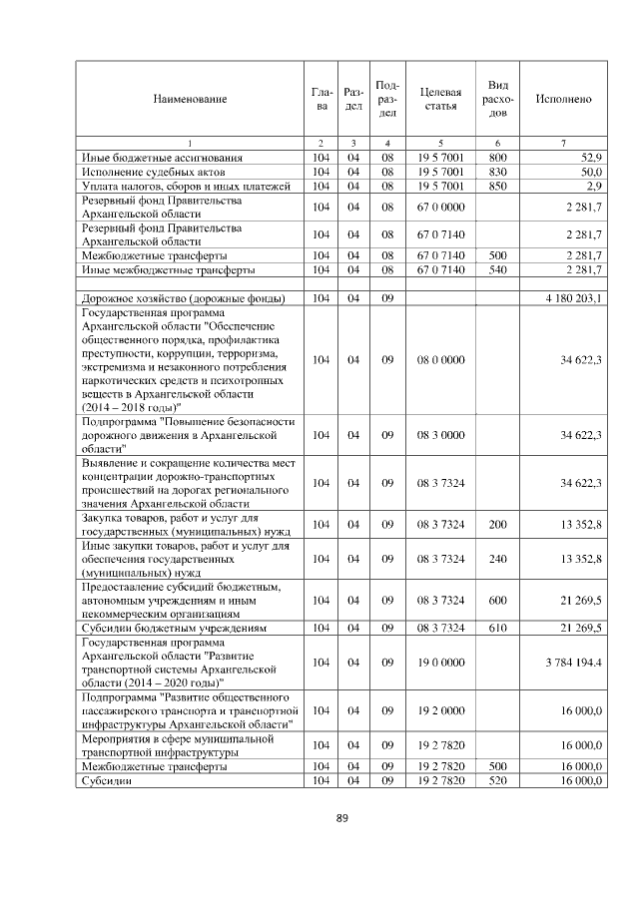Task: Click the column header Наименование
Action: pos(190,99)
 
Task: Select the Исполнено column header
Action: pos(563,99)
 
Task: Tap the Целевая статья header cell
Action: pos(440,99)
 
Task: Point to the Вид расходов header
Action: pos(497,99)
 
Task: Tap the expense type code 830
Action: pos(497,172)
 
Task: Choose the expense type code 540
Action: pos(497,269)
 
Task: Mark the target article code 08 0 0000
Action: pos(440,358)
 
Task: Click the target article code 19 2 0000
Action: pos(440,709)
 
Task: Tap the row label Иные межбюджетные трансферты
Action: pos(168,269)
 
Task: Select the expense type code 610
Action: pos(497,629)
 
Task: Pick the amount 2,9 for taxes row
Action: pos(593,186)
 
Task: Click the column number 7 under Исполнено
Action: pos(563,144)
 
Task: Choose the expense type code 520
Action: pos(497,780)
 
